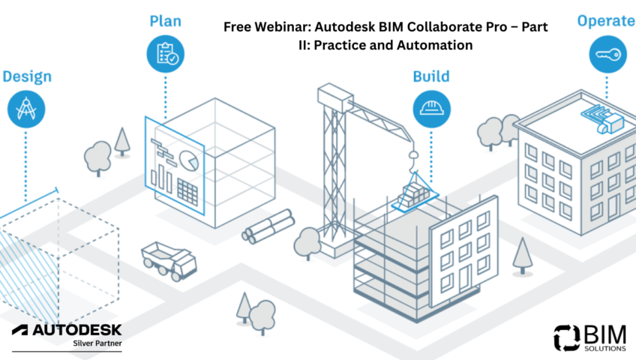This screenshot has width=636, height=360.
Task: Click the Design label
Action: click(x=26, y=76)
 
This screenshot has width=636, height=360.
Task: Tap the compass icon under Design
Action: click(x=25, y=109)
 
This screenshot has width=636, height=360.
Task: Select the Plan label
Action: click(x=165, y=22)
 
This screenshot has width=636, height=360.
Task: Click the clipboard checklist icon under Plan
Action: click(x=165, y=54)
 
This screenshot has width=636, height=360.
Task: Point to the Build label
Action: click(x=431, y=76)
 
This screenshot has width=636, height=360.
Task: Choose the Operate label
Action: click(x=604, y=21)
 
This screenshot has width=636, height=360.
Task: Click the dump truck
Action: click(x=169, y=259)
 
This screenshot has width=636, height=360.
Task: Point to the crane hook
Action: click(x=411, y=155)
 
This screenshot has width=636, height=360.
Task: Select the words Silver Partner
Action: click(x=97, y=343)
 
